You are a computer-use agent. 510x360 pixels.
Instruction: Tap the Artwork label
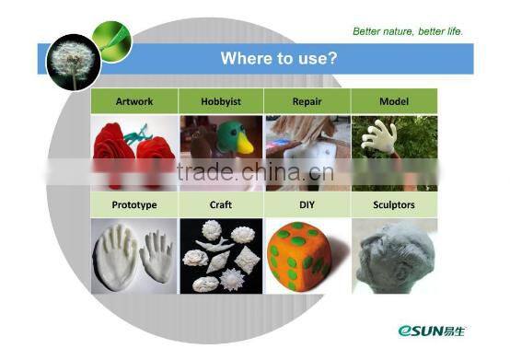tap(134, 100)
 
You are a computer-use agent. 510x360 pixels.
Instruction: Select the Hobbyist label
tap(221, 100)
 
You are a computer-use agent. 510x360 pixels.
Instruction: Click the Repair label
tap(307, 100)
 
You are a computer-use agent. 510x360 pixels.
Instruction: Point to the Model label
tap(393, 100)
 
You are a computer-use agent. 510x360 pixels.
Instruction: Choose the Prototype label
tap(134, 205)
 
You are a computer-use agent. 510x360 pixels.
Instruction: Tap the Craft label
tap(221, 205)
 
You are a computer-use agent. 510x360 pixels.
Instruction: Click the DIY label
tap(307, 205)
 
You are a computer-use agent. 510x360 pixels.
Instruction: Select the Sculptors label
tap(393, 205)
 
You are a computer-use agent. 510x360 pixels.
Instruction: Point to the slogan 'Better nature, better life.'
tap(408, 31)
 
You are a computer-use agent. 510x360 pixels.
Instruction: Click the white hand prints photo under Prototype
tap(134, 256)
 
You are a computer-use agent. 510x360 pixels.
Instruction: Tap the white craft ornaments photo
tap(221, 256)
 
